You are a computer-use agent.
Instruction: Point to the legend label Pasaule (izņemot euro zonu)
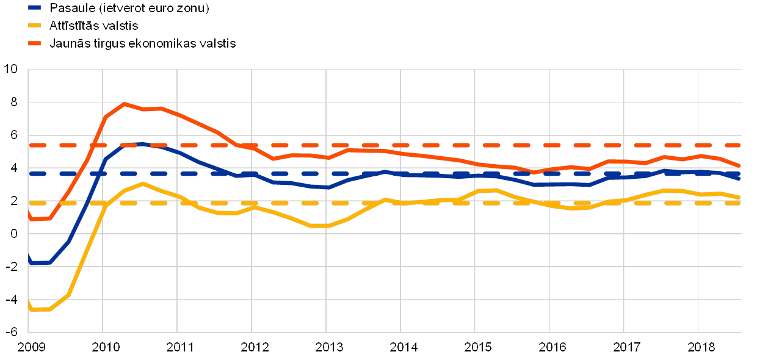(129, 8)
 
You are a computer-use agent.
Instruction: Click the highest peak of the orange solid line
(125, 104)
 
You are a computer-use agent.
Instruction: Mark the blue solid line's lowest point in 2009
(40, 262)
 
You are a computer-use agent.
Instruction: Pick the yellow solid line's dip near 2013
(321, 226)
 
